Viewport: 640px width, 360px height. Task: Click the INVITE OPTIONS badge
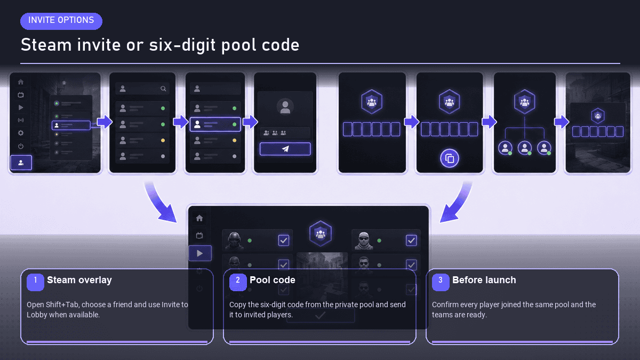pos(61,21)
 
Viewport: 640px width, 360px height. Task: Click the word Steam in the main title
pos(46,45)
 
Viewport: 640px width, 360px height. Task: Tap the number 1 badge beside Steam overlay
pos(35,282)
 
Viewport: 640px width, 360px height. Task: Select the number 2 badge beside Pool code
pos(238,282)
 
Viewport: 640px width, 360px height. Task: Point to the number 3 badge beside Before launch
pos(441,282)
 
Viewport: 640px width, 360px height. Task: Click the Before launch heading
pos(484,280)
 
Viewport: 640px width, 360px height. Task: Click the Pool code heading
pos(273,280)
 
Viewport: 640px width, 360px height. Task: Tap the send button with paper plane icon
pos(285,149)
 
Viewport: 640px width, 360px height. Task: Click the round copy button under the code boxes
pos(450,158)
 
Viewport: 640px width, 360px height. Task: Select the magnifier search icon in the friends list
pos(163,89)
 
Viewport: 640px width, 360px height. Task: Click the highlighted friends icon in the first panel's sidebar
pos(21,163)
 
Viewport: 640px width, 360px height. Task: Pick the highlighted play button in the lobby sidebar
pos(200,253)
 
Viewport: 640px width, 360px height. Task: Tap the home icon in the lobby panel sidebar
pos(199,218)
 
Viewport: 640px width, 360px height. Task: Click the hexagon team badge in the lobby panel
pos(321,234)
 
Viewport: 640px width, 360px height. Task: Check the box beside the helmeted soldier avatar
pos(283,241)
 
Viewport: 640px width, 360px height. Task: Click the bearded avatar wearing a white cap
pos(363,241)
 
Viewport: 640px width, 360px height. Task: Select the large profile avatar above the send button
pos(285,107)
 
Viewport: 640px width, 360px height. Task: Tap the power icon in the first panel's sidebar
pos(21,146)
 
